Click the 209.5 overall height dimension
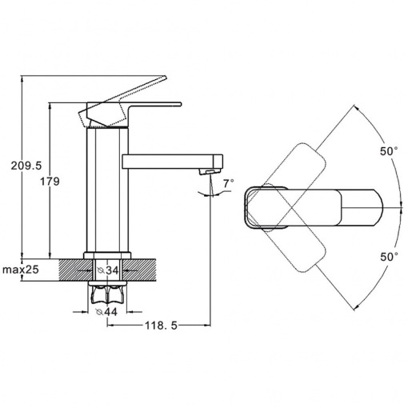[x=26, y=166]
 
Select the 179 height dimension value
[x=50, y=182]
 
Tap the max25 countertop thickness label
[x=21, y=270]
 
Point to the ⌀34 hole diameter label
[x=108, y=270]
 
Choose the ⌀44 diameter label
[x=106, y=311]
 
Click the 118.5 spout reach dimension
[x=161, y=326]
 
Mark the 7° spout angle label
[x=229, y=183]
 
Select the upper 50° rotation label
[x=389, y=151]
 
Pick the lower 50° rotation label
[x=389, y=257]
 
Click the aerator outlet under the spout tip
[x=210, y=172]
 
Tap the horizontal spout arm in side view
[x=172, y=162]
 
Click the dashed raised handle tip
[x=162, y=78]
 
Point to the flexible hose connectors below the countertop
[x=107, y=294]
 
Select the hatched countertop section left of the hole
[x=75, y=270]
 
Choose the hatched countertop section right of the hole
[x=138, y=270]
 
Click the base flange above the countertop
[x=107, y=255]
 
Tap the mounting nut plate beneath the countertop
[x=107, y=283]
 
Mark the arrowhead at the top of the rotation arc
[x=356, y=107]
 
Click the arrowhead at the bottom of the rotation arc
[x=356, y=307]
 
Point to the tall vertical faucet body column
[x=107, y=190]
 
